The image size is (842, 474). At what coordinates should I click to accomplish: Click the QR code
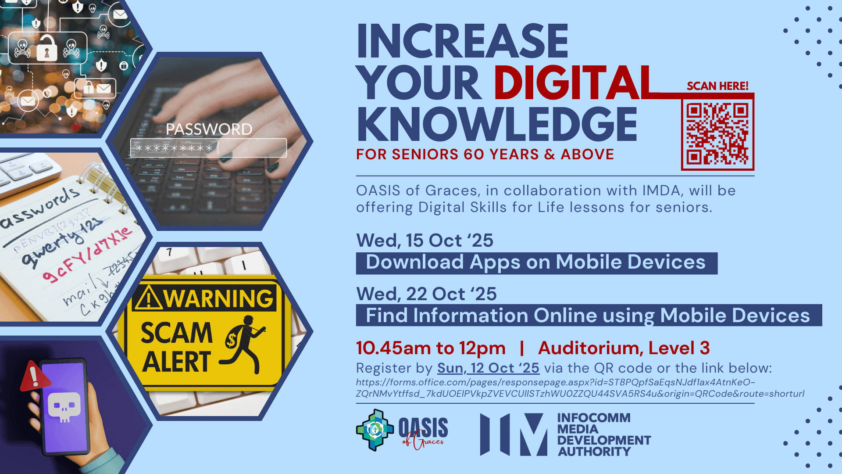(717, 133)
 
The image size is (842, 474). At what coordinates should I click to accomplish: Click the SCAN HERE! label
(717, 86)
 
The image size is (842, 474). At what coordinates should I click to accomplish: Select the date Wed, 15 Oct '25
(425, 241)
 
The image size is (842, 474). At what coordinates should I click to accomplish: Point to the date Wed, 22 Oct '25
(426, 294)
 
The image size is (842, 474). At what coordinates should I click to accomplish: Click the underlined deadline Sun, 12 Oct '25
(488, 368)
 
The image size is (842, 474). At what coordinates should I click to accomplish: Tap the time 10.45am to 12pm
(431, 348)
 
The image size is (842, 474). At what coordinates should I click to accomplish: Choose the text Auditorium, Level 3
(624, 348)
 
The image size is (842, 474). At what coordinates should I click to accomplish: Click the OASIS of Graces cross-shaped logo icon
(375, 430)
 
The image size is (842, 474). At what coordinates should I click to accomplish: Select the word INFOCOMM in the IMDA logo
(594, 418)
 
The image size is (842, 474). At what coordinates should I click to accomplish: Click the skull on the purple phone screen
(64, 407)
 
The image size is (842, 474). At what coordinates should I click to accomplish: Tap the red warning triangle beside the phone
(33, 376)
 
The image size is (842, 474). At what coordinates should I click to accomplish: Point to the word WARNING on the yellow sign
(218, 298)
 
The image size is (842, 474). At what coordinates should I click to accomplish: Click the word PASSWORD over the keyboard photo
(209, 129)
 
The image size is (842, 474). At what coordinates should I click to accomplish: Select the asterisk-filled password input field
(208, 148)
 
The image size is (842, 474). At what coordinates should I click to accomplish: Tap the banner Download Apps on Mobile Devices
(536, 263)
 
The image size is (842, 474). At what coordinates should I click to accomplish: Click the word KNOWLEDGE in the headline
(496, 125)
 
